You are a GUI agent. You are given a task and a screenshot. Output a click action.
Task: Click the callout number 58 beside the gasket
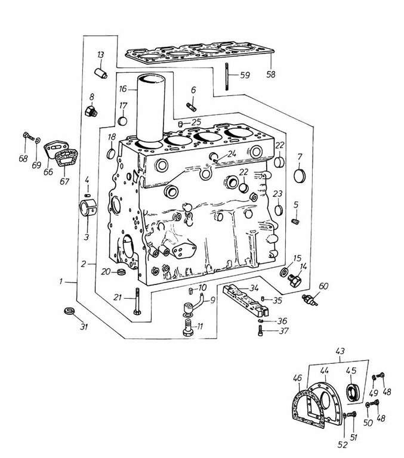tap(272, 76)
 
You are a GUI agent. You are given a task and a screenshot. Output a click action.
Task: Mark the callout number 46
tap(297, 377)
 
